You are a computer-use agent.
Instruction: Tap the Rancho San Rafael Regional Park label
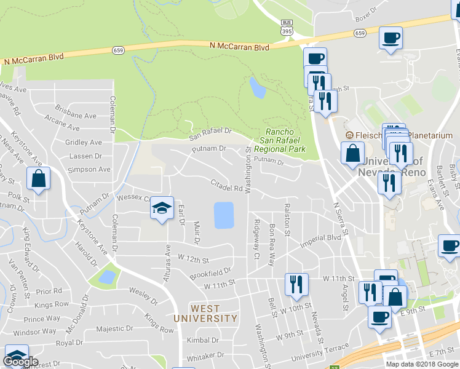(x=285, y=140)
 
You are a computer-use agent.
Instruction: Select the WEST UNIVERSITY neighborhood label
(x=205, y=314)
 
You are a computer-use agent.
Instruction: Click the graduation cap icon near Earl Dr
(x=162, y=208)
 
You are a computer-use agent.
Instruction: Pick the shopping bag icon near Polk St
(x=38, y=179)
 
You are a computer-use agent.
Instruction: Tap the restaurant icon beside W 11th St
(x=296, y=284)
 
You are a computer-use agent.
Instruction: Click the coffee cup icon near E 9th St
(x=379, y=318)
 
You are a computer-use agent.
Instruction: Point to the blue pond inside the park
(x=258, y=88)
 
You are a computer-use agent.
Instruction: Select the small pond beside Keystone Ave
(x=106, y=277)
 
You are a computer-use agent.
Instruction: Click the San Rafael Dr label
(x=210, y=132)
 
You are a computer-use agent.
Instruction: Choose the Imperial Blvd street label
(x=320, y=240)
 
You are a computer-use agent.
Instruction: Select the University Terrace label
(x=299, y=354)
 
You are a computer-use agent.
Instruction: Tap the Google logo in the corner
(x=20, y=362)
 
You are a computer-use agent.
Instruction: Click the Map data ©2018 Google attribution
(x=422, y=364)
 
